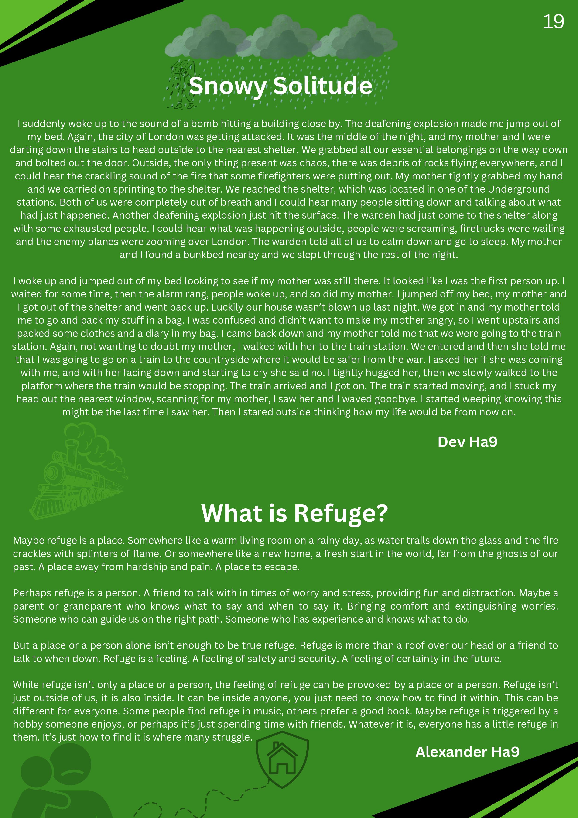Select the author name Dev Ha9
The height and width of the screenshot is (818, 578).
467,442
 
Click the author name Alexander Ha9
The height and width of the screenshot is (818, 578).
467,752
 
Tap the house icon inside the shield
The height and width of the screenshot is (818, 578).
282,759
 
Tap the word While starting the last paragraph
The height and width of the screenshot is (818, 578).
26,685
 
